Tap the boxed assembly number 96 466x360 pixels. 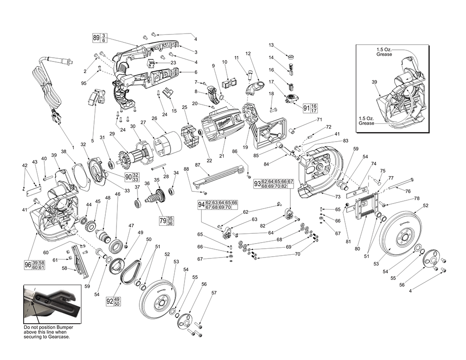tap(27, 265)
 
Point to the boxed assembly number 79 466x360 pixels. tap(163, 220)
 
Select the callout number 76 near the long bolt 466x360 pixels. tap(408, 191)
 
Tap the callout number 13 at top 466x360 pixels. tap(271, 45)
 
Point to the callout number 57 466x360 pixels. tap(214, 293)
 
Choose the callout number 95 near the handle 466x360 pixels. tap(84, 83)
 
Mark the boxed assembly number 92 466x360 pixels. tap(110, 300)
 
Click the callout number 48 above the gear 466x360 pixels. tap(108, 198)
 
